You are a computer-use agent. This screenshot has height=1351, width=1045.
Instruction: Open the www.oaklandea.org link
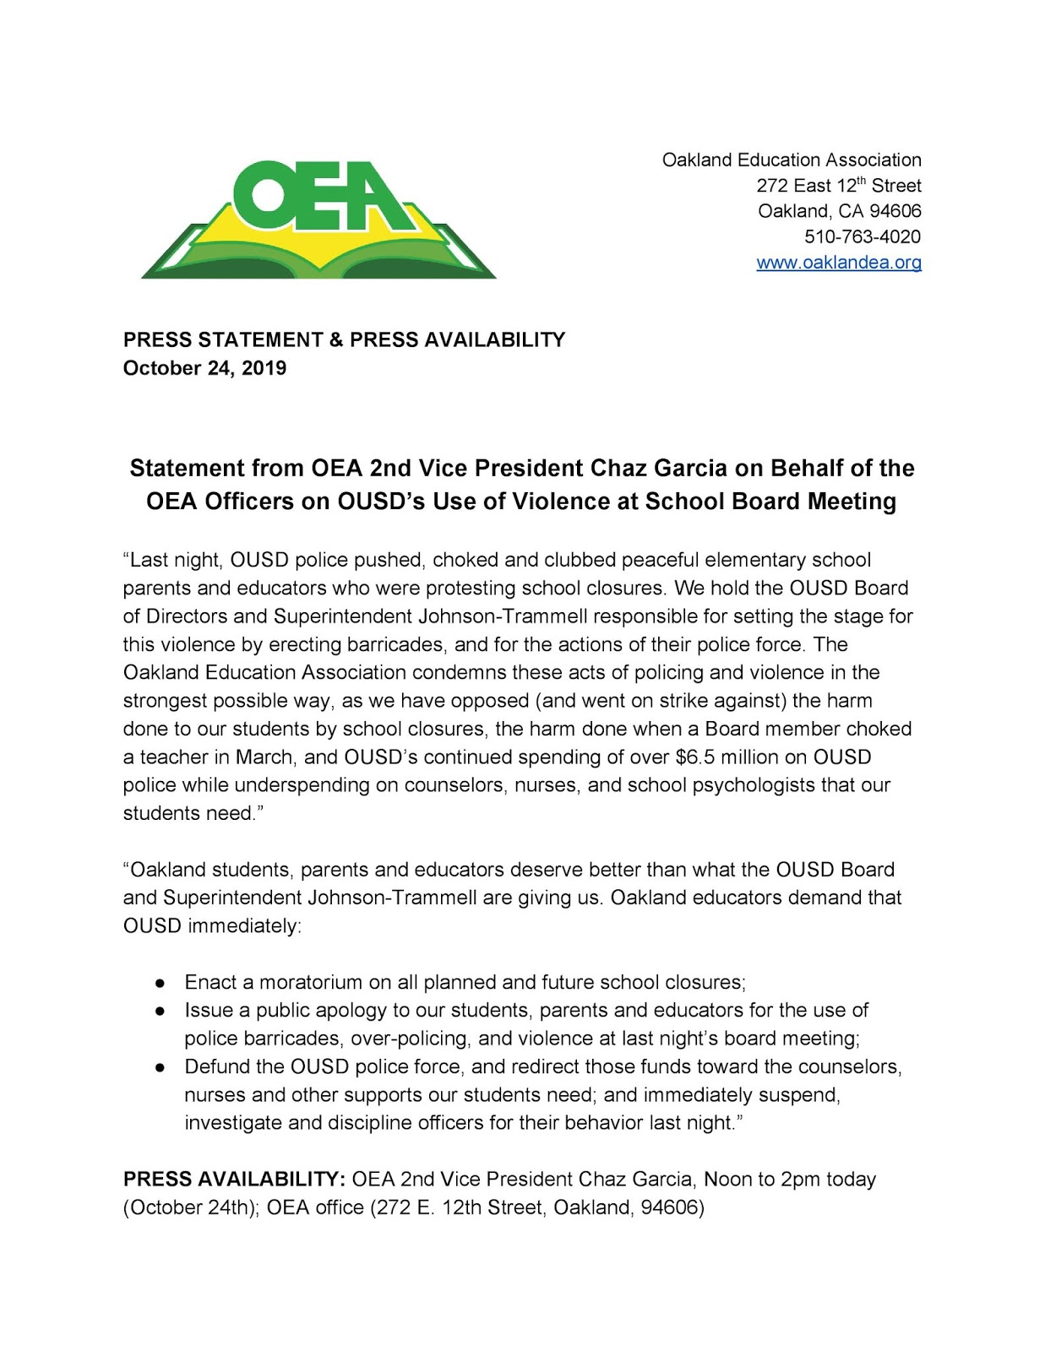coord(838,263)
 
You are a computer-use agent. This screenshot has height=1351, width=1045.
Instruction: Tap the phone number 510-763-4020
coord(862,236)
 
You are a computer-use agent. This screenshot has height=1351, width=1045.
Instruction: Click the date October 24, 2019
coord(204,368)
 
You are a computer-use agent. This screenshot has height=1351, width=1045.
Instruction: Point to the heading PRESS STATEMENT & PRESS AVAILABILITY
coord(344,339)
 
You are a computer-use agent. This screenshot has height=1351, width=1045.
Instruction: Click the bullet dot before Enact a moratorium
coord(161,983)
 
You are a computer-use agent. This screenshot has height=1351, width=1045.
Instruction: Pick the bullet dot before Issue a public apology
coord(161,1011)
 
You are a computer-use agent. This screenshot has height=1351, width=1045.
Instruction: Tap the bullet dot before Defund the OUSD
coord(161,1067)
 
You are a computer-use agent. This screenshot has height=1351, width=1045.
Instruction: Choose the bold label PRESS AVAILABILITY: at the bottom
coord(234,1180)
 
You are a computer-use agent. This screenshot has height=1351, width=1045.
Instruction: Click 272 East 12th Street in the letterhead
coord(838,186)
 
